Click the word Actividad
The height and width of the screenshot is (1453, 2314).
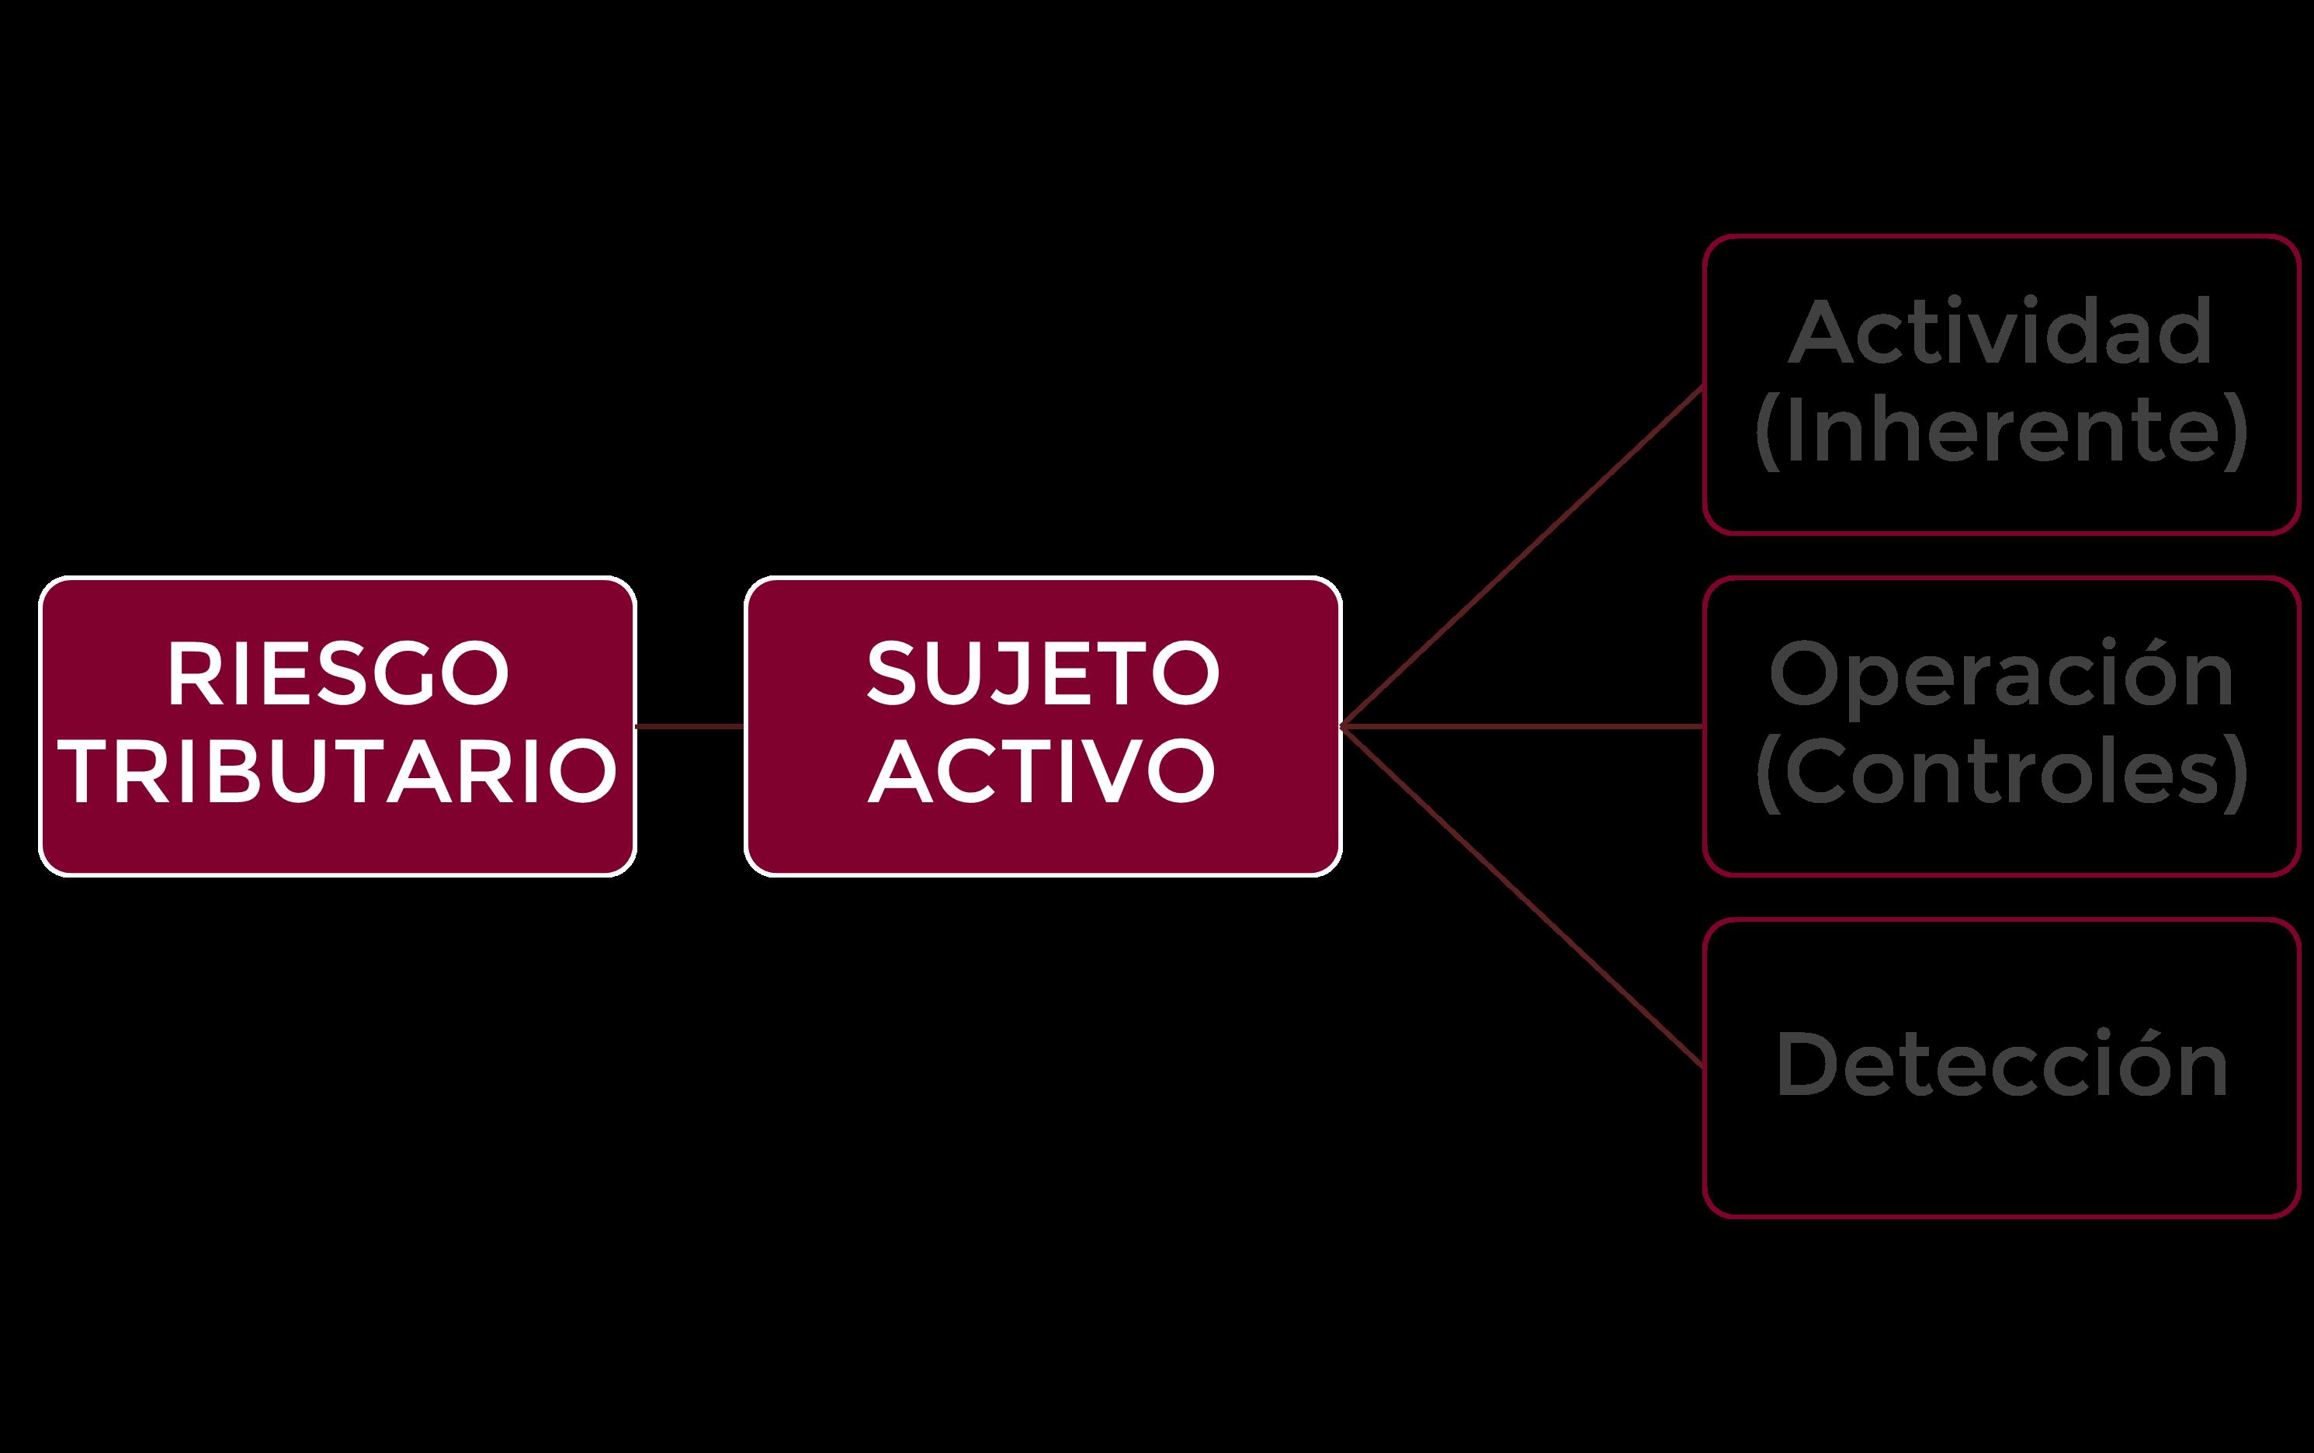pyautogui.click(x=2001, y=332)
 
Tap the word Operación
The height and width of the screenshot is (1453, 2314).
pyautogui.click(x=2001, y=675)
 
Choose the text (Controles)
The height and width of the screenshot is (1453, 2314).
pyautogui.click(x=2001, y=772)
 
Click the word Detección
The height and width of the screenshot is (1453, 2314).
pyautogui.click(x=2001, y=1065)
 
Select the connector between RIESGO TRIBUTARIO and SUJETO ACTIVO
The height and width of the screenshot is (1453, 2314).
pyautogui.click(x=689, y=727)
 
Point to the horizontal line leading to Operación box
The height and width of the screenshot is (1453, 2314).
pyautogui.click(x=1522, y=727)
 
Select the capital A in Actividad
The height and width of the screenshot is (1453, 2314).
pyautogui.click(x=1820, y=332)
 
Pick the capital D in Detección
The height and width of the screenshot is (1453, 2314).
pyautogui.click(x=1806, y=1065)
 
